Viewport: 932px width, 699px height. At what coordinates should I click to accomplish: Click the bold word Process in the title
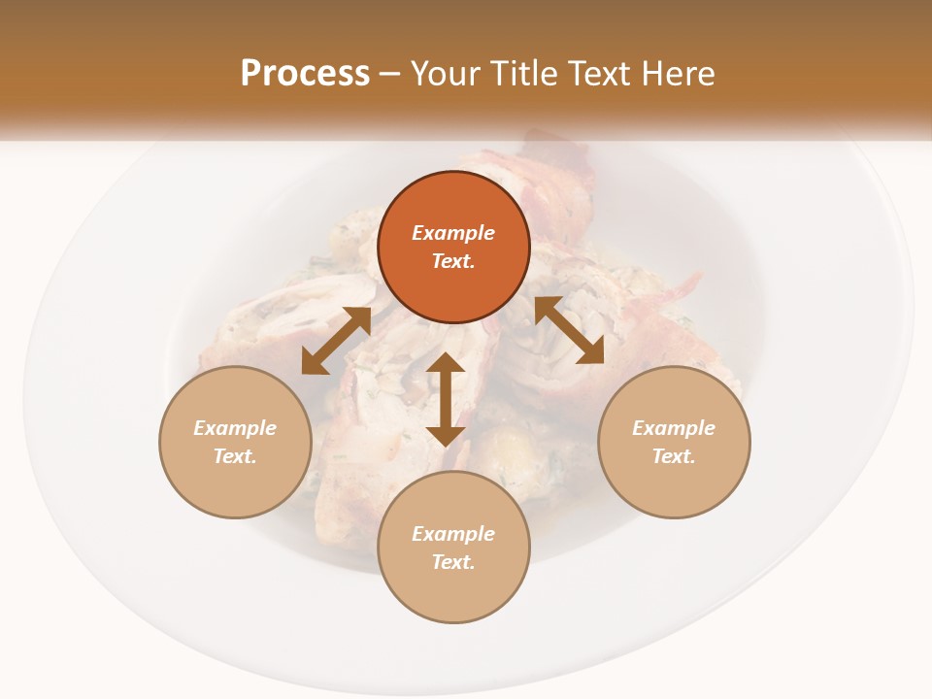click(x=305, y=74)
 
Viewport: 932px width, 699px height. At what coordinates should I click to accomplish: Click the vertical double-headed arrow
click(x=446, y=399)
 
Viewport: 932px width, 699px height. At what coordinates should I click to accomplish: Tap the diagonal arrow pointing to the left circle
click(x=336, y=341)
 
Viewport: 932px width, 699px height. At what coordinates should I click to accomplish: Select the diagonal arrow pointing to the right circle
click(x=570, y=330)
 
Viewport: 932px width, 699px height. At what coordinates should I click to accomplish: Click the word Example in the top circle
click(x=453, y=233)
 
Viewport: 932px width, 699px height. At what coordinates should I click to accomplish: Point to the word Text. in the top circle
click(x=453, y=261)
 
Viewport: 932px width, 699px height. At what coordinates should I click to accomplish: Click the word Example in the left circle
click(x=235, y=428)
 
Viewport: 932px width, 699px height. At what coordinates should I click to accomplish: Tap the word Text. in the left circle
click(x=235, y=456)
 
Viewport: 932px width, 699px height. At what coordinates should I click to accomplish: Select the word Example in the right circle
click(x=674, y=428)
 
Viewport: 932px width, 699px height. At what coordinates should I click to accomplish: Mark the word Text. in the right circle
click(x=674, y=456)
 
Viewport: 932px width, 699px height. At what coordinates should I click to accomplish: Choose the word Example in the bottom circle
click(x=453, y=534)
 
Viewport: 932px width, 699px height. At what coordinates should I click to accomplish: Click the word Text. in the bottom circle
click(x=453, y=562)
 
